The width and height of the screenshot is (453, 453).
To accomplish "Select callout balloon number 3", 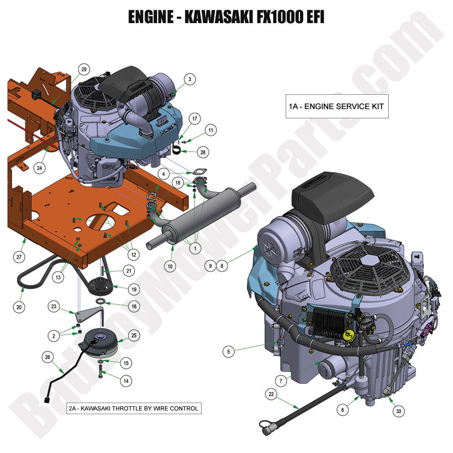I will tap(190, 79).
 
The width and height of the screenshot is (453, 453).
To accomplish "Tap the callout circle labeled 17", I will tap(195, 119).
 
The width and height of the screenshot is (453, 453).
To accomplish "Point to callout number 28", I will tap(202, 151).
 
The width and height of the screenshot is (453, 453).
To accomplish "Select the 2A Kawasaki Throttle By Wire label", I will tap(134, 408).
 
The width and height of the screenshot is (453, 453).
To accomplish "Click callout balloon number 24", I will tap(40, 168).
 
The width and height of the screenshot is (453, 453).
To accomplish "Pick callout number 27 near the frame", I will tap(18, 257).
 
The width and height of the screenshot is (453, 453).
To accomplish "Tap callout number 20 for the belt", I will tap(19, 306).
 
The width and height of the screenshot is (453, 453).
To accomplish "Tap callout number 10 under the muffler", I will tap(170, 266).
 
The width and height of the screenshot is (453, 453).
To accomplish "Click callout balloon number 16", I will tap(134, 306).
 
